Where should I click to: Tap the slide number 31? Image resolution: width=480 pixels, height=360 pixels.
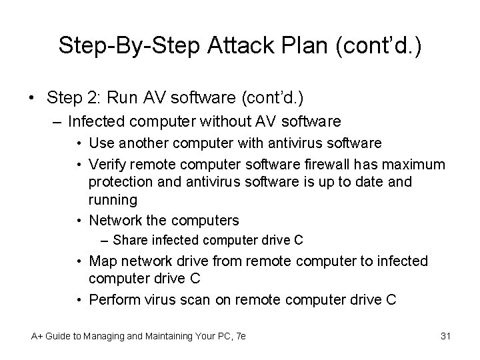(446, 336)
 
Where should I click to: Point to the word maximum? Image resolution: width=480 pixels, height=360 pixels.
(411, 164)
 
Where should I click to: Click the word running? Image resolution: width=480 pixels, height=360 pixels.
(113, 200)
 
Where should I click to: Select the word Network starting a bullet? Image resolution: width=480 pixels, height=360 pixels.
(115, 221)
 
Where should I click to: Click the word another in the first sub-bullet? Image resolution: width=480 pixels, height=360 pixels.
(143, 143)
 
